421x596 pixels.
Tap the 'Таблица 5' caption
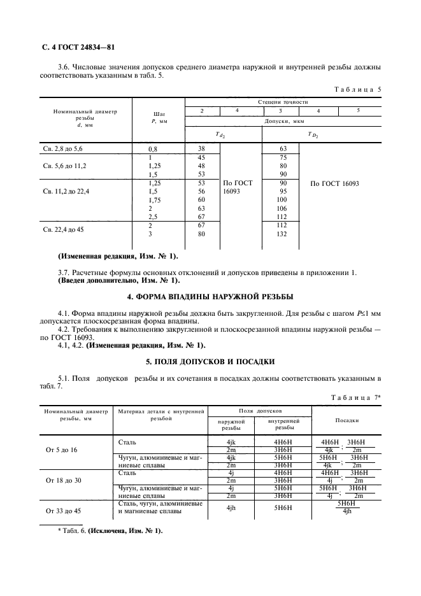[357, 89]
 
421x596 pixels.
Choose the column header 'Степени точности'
[283, 102]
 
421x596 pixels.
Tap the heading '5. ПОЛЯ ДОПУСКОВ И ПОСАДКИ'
[210, 362]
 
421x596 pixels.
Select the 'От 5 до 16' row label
[62, 450]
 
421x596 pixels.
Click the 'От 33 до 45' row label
[64, 511]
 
